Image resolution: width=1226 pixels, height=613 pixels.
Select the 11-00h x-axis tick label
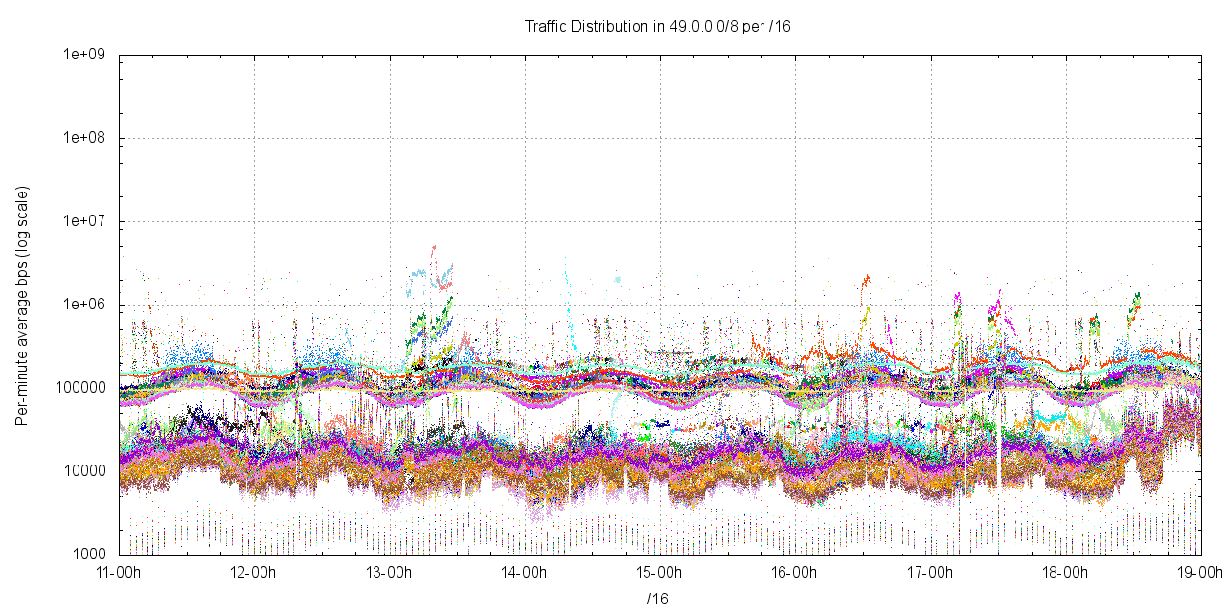click(x=119, y=573)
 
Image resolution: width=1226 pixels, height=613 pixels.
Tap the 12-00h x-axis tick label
click(x=254, y=573)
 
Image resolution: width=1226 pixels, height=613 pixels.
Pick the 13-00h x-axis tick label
click(x=389, y=573)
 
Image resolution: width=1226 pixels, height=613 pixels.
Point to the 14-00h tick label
click(x=525, y=573)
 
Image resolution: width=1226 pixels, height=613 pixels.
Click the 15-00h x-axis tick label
click(x=660, y=573)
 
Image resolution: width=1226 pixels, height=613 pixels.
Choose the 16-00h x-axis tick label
click(x=795, y=573)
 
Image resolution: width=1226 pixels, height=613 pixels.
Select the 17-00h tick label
click(x=930, y=573)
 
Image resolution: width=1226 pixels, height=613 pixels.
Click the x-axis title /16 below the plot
click(x=658, y=599)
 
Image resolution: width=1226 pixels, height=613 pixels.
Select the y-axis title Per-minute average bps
click(x=21, y=305)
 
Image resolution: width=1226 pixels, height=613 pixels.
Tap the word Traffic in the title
click(x=547, y=27)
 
